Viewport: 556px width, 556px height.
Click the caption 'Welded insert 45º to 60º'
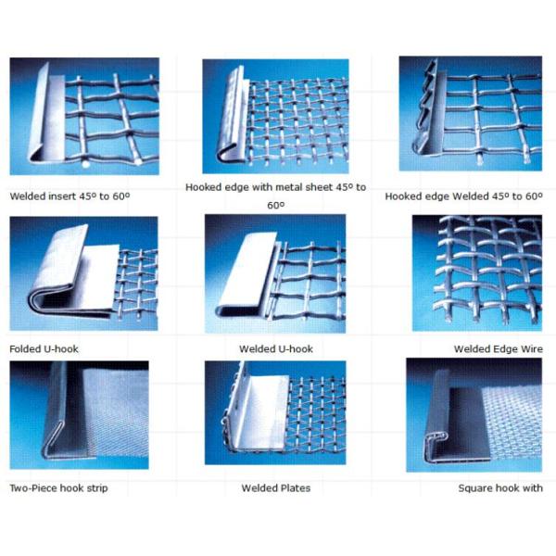point(69,196)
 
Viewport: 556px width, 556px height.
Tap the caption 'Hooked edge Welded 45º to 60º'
point(464,196)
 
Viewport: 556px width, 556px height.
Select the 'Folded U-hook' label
point(44,349)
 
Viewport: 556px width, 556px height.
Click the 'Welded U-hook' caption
point(276,349)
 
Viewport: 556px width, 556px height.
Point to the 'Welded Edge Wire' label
point(499,349)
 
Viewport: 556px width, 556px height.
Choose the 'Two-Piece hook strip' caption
point(58,488)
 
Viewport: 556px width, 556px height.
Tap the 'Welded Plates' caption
point(276,488)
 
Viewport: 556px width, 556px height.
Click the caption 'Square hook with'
point(500,488)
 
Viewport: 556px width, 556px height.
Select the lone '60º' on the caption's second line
point(276,206)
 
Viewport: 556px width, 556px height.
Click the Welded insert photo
point(84,117)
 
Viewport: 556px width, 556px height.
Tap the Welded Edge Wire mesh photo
point(477,273)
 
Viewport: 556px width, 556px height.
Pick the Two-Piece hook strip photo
point(79,415)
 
